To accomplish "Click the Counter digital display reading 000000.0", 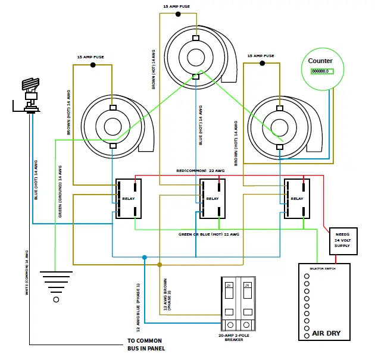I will point(320,71).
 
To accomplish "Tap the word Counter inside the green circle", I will point(320,61).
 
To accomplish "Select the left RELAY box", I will point(127,198).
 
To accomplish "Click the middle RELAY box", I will point(212,198).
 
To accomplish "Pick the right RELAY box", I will point(297,198).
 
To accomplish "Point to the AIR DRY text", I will point(326,333).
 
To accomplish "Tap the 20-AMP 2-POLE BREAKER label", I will point(236,337).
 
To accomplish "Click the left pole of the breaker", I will point(229,303).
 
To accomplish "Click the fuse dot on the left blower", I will point(93,63).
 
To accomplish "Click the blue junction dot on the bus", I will point(145,257).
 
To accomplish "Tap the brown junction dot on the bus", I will point(159,264).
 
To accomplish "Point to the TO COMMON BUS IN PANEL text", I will point(146,345).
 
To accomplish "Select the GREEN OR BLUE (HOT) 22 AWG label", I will point(208,234).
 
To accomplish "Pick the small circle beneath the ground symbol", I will point(57,300).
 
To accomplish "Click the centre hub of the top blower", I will point(196,57).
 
